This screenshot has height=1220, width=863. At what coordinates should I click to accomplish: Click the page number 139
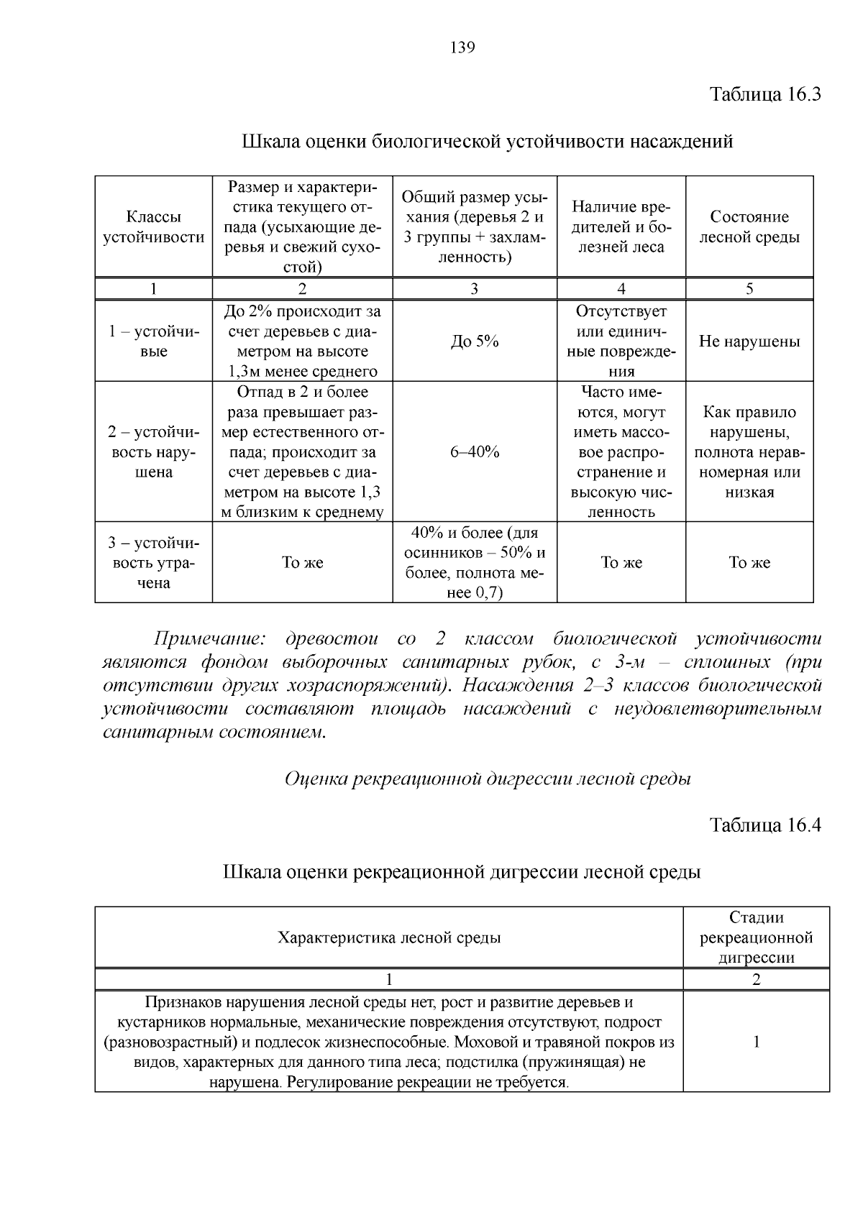click(x=462, y=48)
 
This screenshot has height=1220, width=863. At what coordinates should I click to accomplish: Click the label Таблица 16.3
click(x=765, y=94)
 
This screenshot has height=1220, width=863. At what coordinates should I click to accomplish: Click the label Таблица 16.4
click(x=765, y=825)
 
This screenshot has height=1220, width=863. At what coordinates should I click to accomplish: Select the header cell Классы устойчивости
click(x=154, y=227)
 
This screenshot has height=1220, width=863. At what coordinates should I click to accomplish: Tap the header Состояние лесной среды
click(x=749, y=227)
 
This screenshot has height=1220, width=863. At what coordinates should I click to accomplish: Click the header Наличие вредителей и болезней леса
click(x=621, y=227)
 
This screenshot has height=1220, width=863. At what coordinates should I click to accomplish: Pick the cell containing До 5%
click(x=475, y=341)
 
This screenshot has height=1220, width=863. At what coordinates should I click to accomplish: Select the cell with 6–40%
click(x=475, y=452)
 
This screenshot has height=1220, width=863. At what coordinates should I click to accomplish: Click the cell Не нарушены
click(x=749, y=341)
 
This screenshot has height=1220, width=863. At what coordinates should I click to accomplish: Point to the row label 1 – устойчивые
click(x=154, y=341)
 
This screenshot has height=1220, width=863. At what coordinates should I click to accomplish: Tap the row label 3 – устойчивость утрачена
click(x=154, y=563)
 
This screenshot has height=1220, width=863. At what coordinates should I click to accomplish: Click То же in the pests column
click(x=621, y=563)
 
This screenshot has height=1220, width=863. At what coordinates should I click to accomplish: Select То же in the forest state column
click(x=749, y=563)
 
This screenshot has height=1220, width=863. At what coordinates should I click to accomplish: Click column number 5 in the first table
click(x=749, y=289)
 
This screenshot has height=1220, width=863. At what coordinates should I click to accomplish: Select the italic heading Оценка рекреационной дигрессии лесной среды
click(x=488, y=779)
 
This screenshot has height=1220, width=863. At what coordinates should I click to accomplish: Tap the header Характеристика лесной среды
click(x=389, y=937)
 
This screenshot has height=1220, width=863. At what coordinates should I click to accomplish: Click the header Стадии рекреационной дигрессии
click(x=756, y=937)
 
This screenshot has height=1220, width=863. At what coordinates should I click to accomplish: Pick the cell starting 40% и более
click(x=475, y=563)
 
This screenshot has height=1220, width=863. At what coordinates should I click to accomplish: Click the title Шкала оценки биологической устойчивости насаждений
click(x=487, y=141)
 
